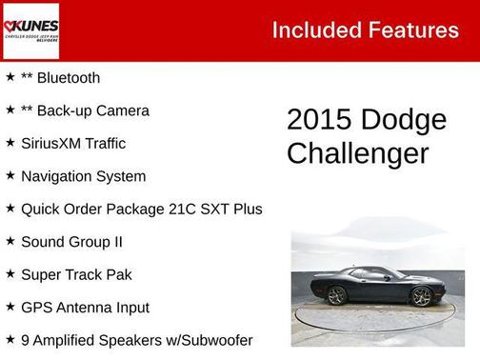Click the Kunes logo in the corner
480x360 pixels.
pyautogui.click(x=30, y=30)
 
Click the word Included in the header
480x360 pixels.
pyautogui.click(x=312, y=30)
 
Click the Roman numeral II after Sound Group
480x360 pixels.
pyautogui.click(x=117, y=242)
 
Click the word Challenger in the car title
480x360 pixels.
pyautogui.click(x=357, y=153)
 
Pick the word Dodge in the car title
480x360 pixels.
pyautogui.click(x=405, y=120)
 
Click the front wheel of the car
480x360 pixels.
pyautogui.click(x=421, y=296)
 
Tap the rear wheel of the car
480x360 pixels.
pyautogui.click(x=337, y=295)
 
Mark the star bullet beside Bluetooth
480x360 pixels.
pyautogui.click(x=10, y=77)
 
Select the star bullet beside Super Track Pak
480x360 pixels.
pyautogui.click(x=10, y=274)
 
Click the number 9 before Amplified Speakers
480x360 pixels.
pyautogui.click(x=25, y=340)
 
